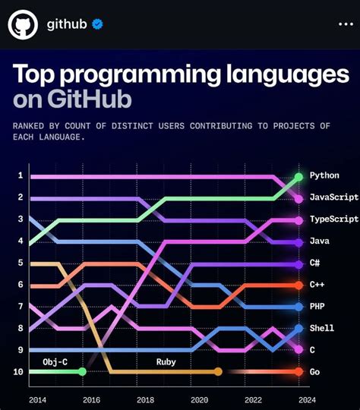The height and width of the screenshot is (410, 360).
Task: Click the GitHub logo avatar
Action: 23,25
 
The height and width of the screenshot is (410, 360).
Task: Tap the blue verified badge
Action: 97,25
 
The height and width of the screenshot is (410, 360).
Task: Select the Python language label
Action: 325,176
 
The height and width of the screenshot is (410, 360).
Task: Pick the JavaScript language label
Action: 333,197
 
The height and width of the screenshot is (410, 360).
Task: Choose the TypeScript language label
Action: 333,219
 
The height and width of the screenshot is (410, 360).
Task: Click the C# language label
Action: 315,263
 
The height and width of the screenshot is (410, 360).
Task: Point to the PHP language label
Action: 317,307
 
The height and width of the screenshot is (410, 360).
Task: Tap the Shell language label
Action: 322,329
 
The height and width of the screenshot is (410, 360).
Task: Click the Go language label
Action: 314,372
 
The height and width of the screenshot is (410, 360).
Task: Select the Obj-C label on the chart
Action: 55,361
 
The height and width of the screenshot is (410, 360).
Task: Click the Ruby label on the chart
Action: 166,361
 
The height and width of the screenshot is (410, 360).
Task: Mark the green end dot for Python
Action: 298,177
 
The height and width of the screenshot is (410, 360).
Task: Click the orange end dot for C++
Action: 298,285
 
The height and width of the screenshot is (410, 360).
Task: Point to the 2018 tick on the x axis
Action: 145,399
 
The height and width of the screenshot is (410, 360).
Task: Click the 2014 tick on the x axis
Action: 37,399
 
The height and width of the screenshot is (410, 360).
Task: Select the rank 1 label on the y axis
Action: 20,176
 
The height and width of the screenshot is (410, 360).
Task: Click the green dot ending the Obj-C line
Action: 82,372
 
